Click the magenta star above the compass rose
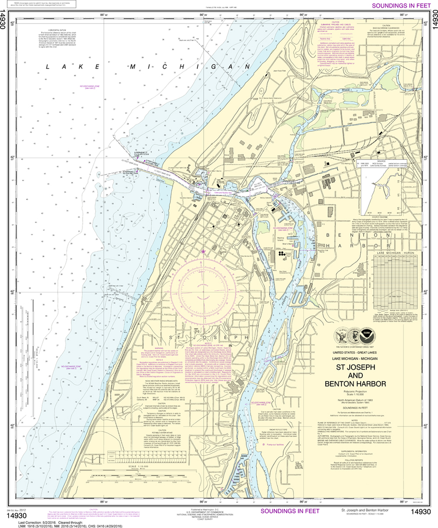[204, 252]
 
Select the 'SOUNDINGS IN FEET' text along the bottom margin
[290, 511]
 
